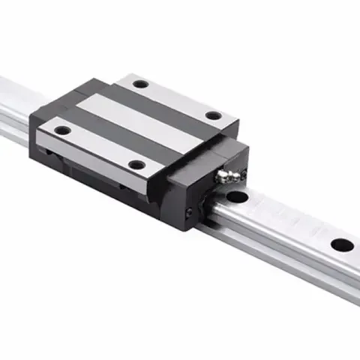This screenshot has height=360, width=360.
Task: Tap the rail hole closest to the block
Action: [x=238, y=198]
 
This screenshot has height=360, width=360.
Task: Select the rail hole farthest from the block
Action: [x=342, y=244]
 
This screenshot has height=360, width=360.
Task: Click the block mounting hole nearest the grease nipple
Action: [x=214, y=115]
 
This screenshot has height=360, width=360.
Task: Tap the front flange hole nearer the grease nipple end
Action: [x=136, y=164]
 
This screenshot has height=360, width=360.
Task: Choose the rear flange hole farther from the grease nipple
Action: [x=140, y=84]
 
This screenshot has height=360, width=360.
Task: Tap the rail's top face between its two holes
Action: [x=289, y=221]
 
